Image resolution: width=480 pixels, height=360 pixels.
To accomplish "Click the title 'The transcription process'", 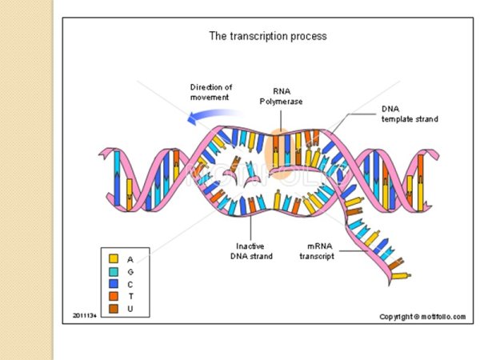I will [x=267, y=36].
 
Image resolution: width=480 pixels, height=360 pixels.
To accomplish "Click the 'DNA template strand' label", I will [x=410, y=114].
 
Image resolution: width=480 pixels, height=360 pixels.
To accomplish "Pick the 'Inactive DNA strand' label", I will [x=254, y=250].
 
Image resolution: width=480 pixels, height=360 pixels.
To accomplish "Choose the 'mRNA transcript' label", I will [x=322, y=250].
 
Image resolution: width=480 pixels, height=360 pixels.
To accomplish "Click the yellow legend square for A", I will [x=113, y=258].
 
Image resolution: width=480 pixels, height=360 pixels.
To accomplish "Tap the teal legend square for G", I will [x=113, y=270].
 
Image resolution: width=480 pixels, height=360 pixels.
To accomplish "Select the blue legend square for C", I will [x=113, y=282].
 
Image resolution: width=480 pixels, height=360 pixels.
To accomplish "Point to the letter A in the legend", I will [x=130, y=258].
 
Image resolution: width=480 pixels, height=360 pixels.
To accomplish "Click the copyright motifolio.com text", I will [x=422, y=317].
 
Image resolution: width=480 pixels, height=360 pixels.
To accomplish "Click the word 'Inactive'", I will [x=254, y=246].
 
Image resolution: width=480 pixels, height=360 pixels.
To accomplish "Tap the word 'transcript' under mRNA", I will [x=322, y=256].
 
